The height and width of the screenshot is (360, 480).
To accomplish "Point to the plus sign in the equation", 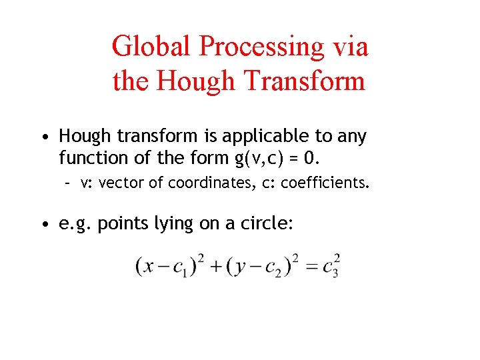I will tap(215, 267).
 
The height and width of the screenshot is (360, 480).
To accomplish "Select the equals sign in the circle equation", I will tap(311, 267).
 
